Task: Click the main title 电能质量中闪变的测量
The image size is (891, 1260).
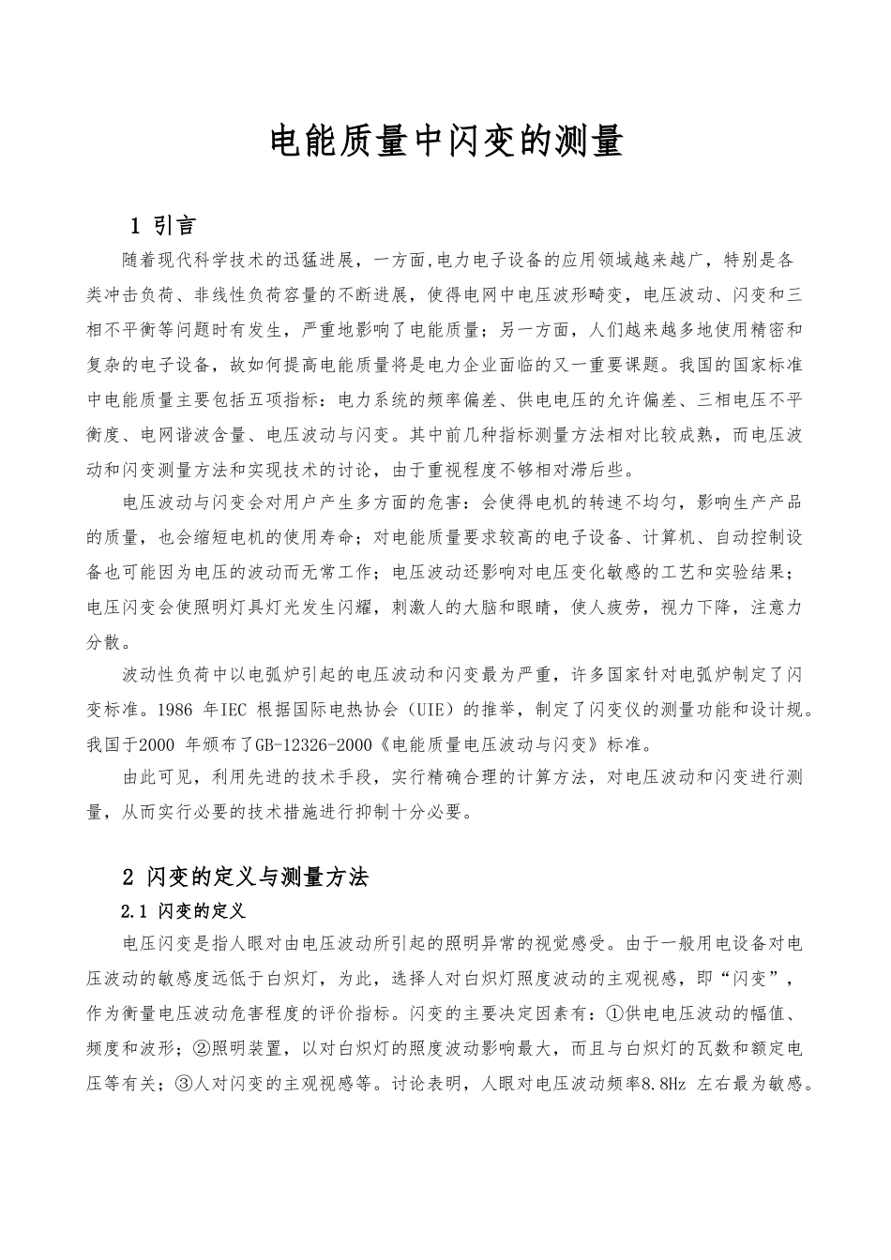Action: pyautogui.click(x=445, y=143)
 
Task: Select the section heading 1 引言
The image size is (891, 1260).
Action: pyautogui.click(x=160, y=225)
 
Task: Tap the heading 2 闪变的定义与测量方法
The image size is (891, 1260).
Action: pyautogui.click(x=246, y=877)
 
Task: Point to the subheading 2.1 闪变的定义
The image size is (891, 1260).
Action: pyautogui.click(x=184, y=911)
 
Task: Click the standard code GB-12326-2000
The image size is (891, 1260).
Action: pyautogui.click(x=312, y=745)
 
